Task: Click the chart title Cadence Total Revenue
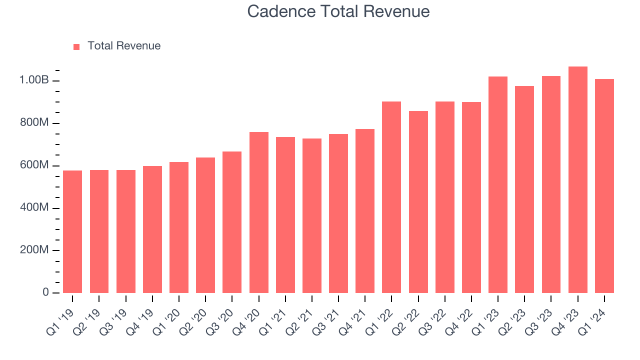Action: [x=338, y=11]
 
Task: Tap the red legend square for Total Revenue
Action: [x=76, y=46]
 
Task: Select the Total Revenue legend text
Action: [x=124, y=46]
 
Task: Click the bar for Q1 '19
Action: [x=72, y=231]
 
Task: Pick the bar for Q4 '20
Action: [x=259, y=212]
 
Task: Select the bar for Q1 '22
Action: [x=391, y=197]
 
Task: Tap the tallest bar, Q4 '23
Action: [x=577, y=180]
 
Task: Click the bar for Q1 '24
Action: [x=604, y=186]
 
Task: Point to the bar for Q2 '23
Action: [x=524, y=189]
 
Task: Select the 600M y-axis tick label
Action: [x=34, y=165]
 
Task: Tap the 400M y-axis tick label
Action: [x=34, y=208]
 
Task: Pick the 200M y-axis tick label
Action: [x=34, y=250]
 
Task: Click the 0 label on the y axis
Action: [x=46, y=292]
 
